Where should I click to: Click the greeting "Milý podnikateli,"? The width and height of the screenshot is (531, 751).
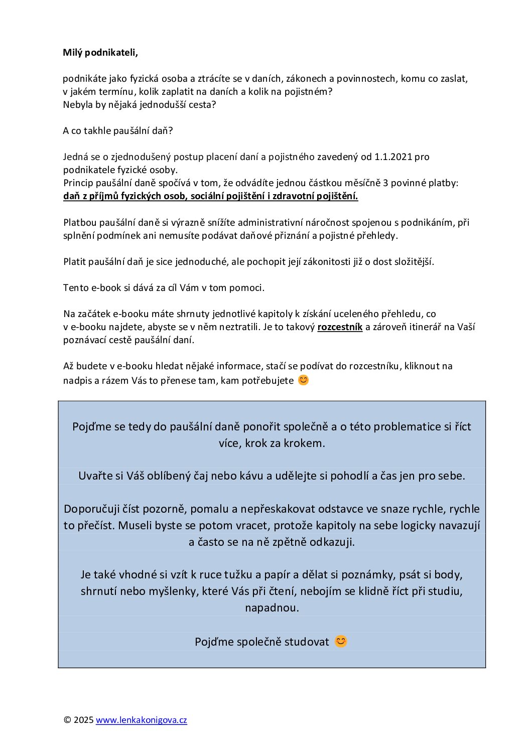pyautogui.click(x=100, y=53)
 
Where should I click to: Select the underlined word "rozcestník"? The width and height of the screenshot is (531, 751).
pyautogui.click(x=340, y=327)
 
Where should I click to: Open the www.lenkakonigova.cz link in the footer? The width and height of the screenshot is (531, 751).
pyautogui.click(x=141, y=720)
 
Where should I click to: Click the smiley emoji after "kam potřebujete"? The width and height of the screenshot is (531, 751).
pyautogui.click(x=303, y=380)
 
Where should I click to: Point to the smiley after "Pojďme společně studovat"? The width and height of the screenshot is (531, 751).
pyautogui.click(x=341, y=642)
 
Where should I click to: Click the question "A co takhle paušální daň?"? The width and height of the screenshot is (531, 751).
pyautogui.click(x=118, y=131)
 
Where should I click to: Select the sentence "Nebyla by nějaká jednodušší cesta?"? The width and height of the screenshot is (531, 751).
pyautogui.click(x=140, y=105)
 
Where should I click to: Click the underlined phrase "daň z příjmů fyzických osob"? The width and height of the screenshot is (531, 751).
pyautogui.click(x=125, y=196)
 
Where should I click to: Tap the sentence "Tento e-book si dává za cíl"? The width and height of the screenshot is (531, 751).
pyautogui.click(x=164, y=288)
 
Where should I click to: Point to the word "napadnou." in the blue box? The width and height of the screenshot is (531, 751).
pyautogui.click(x=272, y=608)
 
